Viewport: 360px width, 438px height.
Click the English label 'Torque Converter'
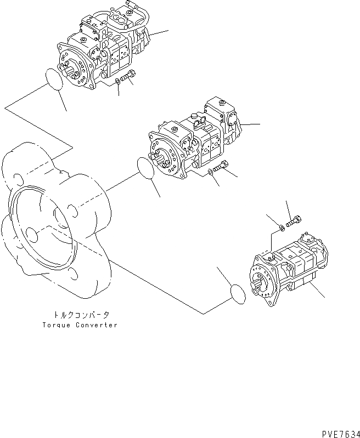point(79,325)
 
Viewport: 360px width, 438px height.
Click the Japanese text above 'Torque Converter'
point(79,315)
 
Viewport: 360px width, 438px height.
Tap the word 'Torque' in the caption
point(55,325)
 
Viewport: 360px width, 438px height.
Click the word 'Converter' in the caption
point(94,325)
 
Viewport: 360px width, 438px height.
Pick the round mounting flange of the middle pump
point(165,157)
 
